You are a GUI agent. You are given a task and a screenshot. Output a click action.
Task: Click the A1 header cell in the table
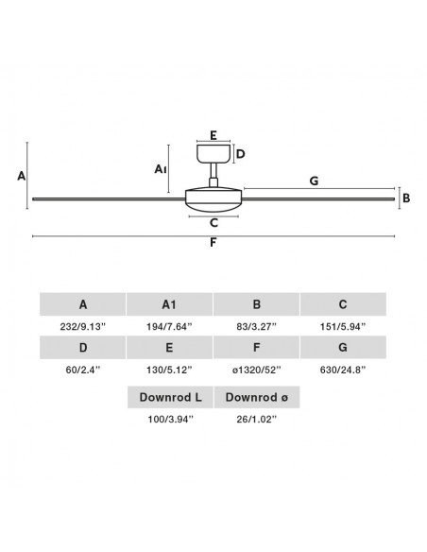(x=169, y=304)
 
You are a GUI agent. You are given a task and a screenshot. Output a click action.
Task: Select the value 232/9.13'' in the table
(x=82, y=327)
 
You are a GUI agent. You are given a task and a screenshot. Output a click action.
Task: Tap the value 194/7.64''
(x=169, y=327)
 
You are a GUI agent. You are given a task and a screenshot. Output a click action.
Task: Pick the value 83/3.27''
(x=256, y=327)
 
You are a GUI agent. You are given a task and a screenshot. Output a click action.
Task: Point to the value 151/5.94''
(x=343, y=327)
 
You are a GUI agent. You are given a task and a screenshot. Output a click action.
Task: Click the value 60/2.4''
(x=82, y=370)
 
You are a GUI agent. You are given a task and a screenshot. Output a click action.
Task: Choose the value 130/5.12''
(x=169, y=370)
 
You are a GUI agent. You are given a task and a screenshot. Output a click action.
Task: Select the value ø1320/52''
(x=256, y=370)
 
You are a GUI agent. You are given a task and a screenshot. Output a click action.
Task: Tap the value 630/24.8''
(x=343, y=370)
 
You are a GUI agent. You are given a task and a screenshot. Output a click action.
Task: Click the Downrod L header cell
(x=170, y=397)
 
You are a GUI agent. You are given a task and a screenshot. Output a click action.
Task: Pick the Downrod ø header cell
(x=257, y=397)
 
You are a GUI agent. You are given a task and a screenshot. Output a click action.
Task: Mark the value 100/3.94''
(x=171, y=420)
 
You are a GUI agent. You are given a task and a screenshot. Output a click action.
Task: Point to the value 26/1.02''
(x=256, y=420)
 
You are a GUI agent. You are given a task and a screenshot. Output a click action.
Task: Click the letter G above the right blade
(x=314, y=181)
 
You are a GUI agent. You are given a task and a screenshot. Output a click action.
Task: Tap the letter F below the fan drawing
(x=213, y=243)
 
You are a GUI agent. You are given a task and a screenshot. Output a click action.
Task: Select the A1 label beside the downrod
(x=160, y=169)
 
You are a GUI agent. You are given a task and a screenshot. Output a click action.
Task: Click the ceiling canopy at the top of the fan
(x=213, y=154)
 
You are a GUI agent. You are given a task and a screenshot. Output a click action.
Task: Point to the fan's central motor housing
(x=213, y=199)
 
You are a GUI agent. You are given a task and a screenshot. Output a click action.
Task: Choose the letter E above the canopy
(x=213, y=135)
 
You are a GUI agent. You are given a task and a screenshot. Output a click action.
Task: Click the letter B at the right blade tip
(x=406, y=198)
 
